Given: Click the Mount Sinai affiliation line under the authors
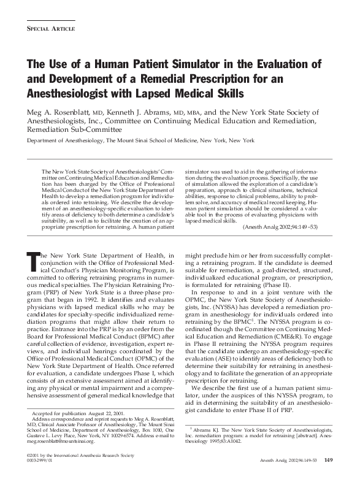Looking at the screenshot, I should [x=139, y=140].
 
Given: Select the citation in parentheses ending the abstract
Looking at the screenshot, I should [x=296, y=227].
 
